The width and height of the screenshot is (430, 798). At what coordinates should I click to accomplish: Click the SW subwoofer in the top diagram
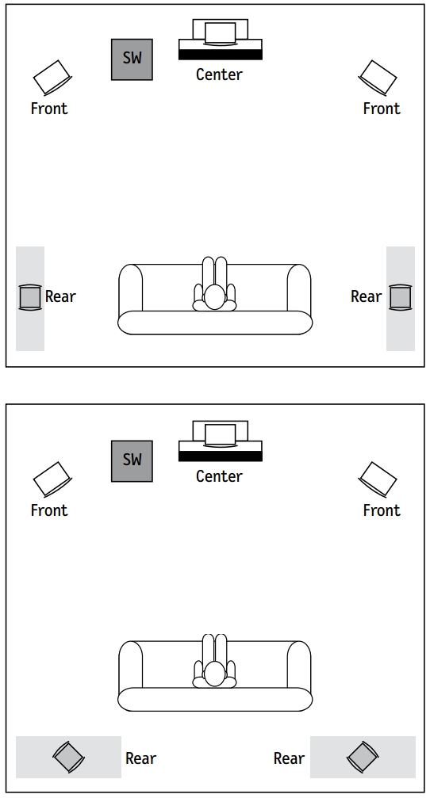[132, 59]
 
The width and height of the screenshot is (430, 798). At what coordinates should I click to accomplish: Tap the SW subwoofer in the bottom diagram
[132, 461]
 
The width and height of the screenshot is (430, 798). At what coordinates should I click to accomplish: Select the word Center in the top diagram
[219, 74]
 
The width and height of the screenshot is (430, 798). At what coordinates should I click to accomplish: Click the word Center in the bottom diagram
[219, 475]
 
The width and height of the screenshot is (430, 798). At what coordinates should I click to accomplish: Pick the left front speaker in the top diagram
[52, 78]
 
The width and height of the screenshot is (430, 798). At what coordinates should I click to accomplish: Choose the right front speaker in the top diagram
[378, 78]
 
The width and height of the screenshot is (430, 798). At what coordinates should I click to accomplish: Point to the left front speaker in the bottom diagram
[52, 479]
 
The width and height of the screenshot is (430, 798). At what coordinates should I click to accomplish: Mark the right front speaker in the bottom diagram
[378, 479]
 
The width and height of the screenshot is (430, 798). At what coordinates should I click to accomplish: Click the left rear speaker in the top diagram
[30, 297]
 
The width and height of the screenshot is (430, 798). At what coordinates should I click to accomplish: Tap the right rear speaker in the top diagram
[401, 297]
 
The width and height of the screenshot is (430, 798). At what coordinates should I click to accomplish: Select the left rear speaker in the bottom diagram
[69, 757]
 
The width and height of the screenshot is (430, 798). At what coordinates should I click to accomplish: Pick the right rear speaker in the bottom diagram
[363, 757]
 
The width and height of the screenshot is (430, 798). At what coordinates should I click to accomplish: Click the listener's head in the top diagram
[214, 296]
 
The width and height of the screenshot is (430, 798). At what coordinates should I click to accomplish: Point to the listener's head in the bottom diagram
[214, 674]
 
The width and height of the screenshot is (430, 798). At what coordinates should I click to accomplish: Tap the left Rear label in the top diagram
[60, 296]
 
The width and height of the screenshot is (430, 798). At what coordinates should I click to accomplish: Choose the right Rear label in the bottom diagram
[289, 758]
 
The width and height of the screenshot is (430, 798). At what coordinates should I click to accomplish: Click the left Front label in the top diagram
[49, 109]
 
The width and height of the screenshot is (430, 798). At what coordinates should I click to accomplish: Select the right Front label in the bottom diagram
[382, 510]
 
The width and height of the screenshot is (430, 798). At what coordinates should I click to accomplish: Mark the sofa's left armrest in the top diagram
[131, 288]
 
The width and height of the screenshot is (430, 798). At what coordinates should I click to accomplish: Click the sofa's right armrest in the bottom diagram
[299, 664]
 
